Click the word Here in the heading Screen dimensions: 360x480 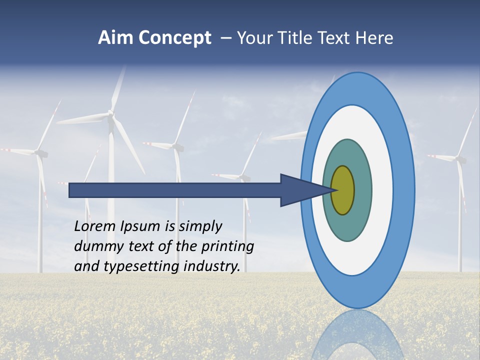click(375, 38)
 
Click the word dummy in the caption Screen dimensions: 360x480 click(96, 246)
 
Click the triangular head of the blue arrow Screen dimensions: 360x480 click(300, 190)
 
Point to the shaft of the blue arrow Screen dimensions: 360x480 click(175, 190)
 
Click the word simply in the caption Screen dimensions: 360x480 click(200, 226)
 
